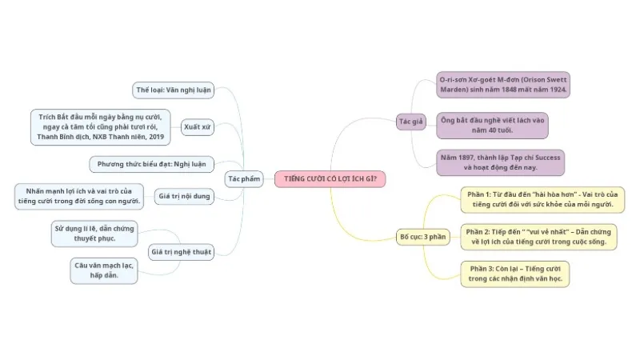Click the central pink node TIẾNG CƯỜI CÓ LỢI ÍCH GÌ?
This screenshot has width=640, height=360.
330,178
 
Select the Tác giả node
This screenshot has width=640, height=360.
411,122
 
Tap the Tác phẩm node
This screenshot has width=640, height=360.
244,178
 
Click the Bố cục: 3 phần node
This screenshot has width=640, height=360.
423,237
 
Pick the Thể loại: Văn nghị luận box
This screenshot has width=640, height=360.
174,90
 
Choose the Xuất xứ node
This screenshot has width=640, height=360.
197,127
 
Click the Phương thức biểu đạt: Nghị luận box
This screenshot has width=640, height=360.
151,164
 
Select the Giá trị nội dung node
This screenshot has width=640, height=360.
184,196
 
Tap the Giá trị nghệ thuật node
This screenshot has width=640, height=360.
182,252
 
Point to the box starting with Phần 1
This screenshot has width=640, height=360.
542,199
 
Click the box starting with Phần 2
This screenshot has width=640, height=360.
538,237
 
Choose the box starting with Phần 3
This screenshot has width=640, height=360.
515,274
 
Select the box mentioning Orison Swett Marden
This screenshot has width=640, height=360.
503,85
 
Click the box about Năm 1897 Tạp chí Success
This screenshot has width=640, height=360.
501,162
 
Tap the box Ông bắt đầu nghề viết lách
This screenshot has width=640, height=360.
492,126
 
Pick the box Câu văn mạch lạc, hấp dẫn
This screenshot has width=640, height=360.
104,270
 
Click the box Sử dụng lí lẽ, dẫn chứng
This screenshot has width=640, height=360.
94,234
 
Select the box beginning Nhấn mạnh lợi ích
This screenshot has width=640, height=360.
79,196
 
